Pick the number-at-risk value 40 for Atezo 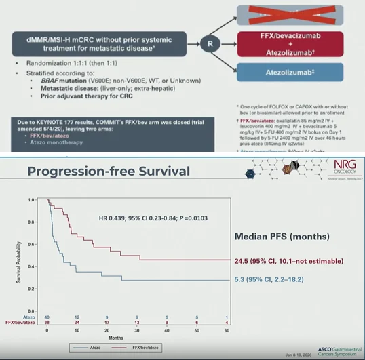click(x=46, y=317)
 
